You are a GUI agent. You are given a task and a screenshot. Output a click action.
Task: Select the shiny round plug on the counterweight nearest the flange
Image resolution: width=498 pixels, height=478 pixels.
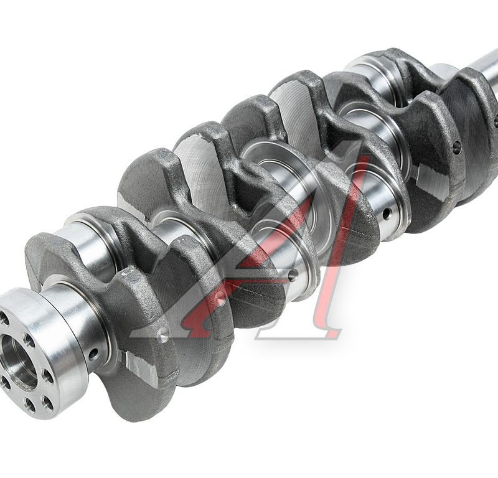(x=163, y=334)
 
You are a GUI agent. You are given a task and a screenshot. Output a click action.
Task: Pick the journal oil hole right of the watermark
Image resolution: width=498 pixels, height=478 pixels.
(x=387, y=213)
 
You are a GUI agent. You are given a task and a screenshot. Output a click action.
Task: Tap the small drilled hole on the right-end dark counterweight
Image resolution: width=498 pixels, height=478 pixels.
(x=457, y=147)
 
